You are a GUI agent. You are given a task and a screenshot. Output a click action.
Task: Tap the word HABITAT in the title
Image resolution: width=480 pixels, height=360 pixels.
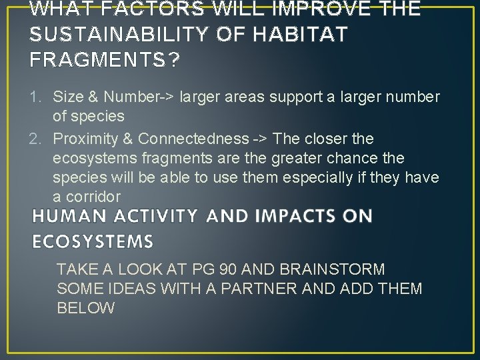291,35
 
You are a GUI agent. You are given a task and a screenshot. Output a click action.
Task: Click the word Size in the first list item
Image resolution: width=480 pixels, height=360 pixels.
67,97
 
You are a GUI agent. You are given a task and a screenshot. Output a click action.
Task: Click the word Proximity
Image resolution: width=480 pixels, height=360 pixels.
83,139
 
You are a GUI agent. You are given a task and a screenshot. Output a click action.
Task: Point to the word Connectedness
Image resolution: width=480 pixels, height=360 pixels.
192,139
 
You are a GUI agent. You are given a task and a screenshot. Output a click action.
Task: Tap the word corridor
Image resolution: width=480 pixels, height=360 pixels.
97,197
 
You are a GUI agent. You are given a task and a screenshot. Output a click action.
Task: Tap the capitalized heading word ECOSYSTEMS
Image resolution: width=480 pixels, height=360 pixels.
93,241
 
